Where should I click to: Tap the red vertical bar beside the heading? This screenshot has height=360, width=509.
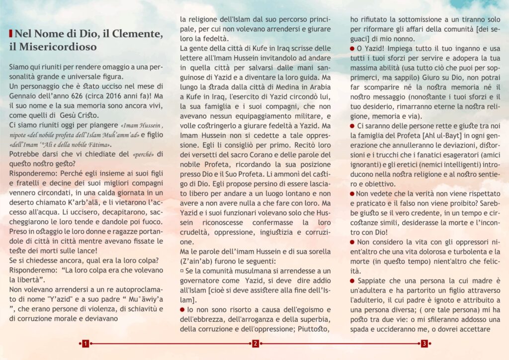10,34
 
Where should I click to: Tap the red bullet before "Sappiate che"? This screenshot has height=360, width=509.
352,281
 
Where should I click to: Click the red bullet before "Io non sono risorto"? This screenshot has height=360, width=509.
182,309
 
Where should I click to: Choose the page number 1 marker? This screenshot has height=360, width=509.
86,344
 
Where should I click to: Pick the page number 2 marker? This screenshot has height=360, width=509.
254,344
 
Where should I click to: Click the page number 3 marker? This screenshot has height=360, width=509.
424,344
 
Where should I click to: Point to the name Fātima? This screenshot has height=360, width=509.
98,144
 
